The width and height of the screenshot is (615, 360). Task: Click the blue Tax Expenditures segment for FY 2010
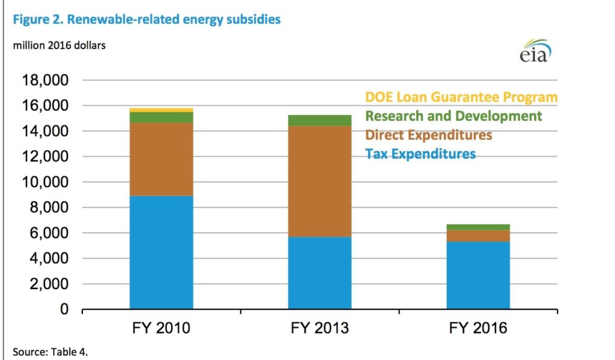[161, 252]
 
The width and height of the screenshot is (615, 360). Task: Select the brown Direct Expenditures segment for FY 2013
[320, 181]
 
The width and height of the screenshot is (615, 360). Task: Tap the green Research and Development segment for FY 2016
[478, 227]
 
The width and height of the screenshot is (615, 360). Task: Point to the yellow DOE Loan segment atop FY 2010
[161, 110]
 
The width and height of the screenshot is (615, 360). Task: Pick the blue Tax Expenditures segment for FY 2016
[478, 275]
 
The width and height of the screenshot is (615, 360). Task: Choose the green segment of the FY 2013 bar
[320, 120]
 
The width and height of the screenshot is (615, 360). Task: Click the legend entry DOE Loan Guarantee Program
[461, 97]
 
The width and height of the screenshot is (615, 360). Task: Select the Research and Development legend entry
[453, 115]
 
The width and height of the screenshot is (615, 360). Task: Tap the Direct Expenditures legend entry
[428, 135]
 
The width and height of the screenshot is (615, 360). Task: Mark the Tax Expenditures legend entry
[420, 154]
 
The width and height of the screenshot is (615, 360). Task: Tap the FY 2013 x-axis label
[320, 328]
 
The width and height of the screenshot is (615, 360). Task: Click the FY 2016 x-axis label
[478, 328]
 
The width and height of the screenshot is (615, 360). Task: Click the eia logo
[535, 50]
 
